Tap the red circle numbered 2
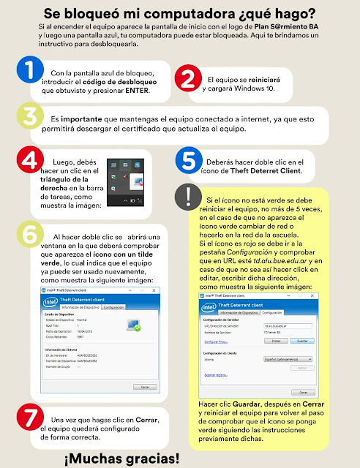(x=188, y=79)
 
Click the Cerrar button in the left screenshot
(x=144, y=386)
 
